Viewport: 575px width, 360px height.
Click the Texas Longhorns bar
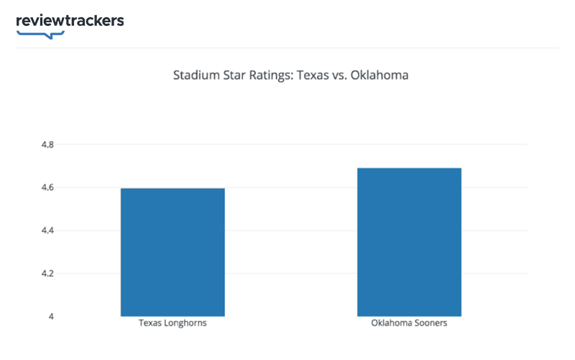click(172, 251)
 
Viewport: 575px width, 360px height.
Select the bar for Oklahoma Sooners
click(409, 241)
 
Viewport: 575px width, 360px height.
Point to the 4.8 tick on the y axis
click(47, 144)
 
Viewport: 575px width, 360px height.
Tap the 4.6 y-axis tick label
click(47, 188)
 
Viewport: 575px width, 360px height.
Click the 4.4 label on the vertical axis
click(47, 231)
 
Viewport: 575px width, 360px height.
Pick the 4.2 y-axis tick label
click(47, 274)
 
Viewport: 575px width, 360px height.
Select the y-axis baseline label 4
click(51, 317)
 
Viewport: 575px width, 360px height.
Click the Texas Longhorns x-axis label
click(172, 323)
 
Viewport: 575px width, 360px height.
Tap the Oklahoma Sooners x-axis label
click(409, 323)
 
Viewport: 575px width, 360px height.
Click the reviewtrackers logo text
click(70, 20)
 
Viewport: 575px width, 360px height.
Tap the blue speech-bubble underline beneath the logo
click(40, 33)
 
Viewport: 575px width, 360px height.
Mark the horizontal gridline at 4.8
click(287, 144)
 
